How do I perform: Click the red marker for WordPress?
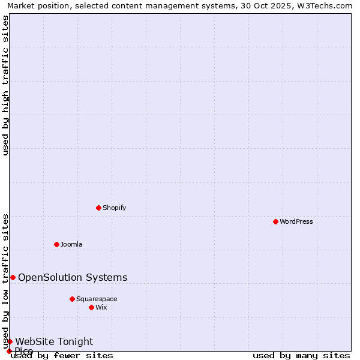275,221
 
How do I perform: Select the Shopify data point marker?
98,208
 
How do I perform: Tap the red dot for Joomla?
56,244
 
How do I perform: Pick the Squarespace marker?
72,299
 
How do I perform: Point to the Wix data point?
91,307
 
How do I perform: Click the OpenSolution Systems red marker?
13,277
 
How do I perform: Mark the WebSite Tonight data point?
10,341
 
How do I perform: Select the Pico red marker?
9,351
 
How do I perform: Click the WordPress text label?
296,221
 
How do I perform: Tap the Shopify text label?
114,208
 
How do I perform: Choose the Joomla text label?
71,244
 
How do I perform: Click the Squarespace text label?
97,299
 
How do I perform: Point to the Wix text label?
101,307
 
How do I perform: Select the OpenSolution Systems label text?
73,277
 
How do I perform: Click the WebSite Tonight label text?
54,341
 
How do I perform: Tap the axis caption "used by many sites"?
301,355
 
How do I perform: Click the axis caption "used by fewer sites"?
62,355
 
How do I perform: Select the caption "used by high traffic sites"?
5,85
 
